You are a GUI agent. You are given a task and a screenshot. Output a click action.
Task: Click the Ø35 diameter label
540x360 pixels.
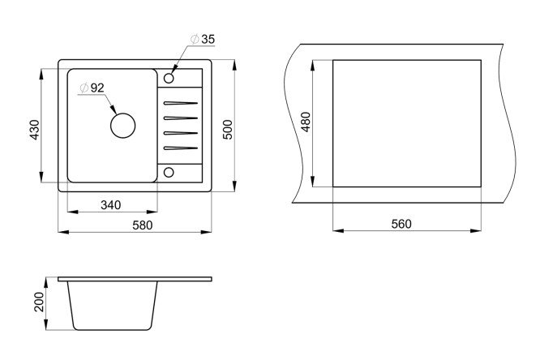click(203, 39)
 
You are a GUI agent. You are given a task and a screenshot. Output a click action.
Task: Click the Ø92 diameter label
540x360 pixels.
click(92, 88)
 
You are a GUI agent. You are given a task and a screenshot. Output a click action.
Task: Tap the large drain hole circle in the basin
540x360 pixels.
click(122, 126)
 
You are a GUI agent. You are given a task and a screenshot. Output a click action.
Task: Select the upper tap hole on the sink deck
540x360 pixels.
click(169, 78)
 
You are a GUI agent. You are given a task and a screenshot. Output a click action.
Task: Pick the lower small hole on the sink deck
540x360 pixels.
click(169, 172)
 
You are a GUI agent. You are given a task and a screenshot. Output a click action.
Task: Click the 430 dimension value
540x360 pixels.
click(35, 130)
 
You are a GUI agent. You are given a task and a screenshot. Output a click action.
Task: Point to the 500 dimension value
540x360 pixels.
click(228, 130)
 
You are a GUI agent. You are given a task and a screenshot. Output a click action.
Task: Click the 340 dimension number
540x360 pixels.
click(111, 205)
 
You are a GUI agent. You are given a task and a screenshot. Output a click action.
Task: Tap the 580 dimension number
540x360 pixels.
click(142, 225)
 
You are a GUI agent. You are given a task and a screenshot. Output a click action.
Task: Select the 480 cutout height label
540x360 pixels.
click(306, 122)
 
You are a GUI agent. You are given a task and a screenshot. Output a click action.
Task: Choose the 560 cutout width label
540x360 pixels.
click(401, 224)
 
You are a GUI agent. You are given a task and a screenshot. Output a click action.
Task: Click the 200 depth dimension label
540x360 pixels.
click(39, 302)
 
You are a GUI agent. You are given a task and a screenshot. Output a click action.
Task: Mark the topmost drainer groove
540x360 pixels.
click(181, 103)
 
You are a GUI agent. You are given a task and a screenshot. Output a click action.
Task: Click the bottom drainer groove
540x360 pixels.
click(181, 148)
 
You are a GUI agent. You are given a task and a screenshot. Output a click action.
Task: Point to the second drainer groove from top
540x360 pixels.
click(181, 118)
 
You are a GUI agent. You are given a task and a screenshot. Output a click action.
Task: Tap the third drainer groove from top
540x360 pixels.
click(181, 133)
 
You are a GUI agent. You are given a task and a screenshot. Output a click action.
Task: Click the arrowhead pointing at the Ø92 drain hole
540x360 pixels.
click(113, 109)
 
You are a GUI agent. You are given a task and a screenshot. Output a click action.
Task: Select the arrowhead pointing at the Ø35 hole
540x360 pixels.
click(174, 70)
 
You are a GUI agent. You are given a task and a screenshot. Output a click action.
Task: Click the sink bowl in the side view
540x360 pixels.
click(112, 306)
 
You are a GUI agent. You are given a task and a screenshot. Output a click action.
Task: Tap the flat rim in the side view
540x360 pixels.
click(135, 279)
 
